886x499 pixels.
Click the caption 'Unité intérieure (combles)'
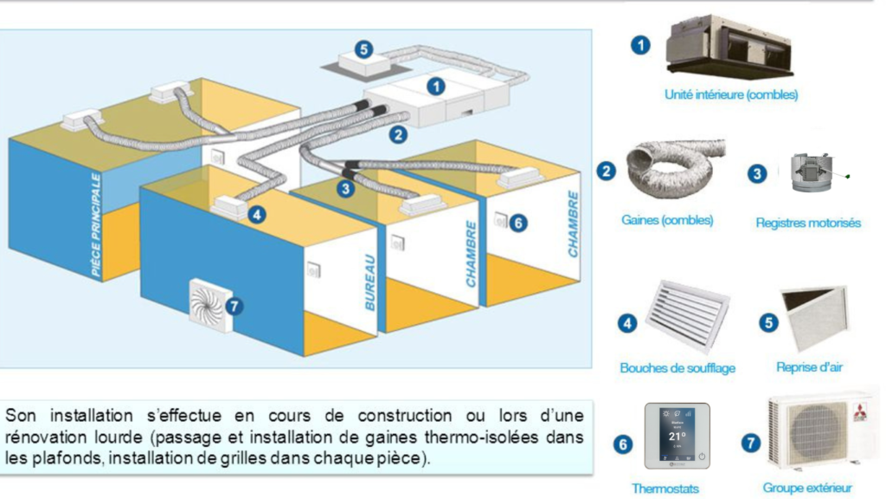tap(730, 94)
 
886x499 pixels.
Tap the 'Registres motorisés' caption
tap(808, 223)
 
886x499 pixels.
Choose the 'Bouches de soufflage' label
tap(677, 368)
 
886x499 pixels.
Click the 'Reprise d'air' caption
tap(809, 367)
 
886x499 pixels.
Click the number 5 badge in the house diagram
tap(364, 49)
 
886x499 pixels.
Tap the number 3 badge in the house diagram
tap(346, 187)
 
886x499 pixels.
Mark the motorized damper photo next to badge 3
tap(809, 172)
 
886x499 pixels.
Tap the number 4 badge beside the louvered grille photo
tap(627, 323)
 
